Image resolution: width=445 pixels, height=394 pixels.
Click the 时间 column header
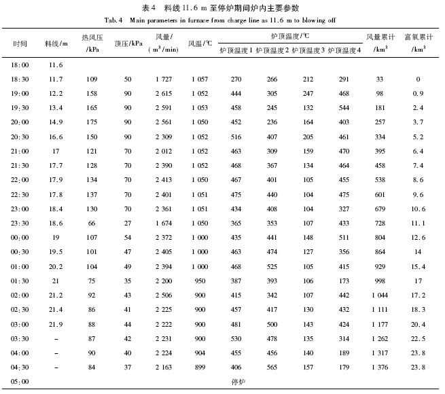(20, 43)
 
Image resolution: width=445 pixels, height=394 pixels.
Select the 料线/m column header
(56, 43)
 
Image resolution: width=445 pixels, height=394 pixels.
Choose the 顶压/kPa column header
(128, 43)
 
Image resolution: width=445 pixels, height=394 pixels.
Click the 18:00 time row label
(20, 65)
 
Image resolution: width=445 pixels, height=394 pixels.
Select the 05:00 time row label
(20, 382)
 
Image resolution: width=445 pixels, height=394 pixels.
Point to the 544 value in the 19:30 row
(344, 107)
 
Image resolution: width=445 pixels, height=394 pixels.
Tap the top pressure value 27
(128, 223)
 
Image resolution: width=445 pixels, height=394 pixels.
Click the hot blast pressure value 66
(93, 223)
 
